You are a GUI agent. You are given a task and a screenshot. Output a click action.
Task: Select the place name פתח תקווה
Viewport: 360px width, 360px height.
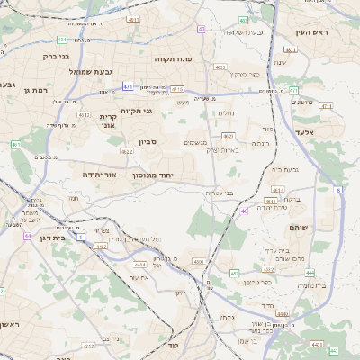click(175, 58)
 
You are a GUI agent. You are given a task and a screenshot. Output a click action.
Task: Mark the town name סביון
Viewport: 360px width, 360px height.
click(148, 141)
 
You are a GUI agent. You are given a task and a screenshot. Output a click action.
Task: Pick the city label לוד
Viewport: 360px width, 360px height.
click(174, 346)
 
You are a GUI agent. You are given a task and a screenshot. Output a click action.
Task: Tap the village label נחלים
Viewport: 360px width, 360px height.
click(226, 112)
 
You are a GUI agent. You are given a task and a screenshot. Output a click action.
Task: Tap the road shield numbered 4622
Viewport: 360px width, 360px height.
click(127, 152)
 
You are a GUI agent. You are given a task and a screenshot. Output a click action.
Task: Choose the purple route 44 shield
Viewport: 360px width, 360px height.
click(28, 236)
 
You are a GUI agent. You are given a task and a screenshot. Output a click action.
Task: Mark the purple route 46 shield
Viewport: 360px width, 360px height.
click(244, 211)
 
